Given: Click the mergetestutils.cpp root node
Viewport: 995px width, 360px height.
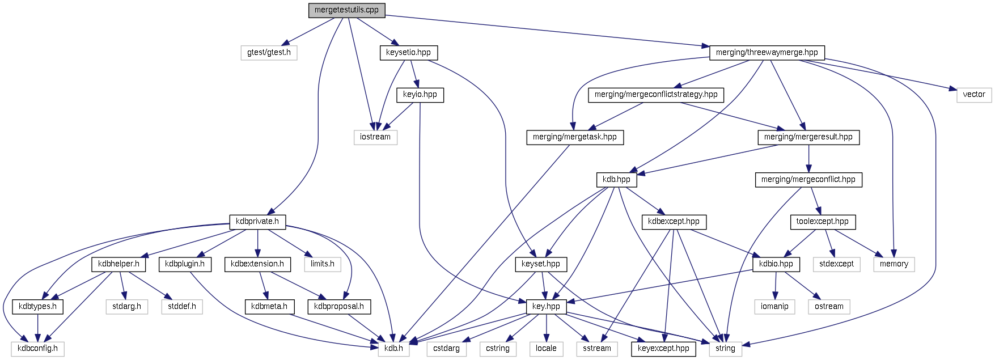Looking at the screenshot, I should click(346, 10).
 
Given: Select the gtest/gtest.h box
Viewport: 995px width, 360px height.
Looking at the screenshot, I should click(269, 53).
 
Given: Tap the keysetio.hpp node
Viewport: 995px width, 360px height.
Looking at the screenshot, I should click(408, 53).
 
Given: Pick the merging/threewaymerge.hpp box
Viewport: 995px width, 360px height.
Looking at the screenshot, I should click(767, 53).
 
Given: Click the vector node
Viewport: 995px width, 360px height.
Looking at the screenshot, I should click(973, 95).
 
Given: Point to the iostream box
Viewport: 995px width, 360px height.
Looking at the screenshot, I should click(375, 137).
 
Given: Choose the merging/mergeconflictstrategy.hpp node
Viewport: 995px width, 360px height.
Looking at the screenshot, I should click(656, 95).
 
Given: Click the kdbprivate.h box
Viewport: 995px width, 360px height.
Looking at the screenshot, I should click(257, 222).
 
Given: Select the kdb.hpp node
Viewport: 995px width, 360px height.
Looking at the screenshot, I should click(616, 180).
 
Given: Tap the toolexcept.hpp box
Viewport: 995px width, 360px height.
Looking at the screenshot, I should click(822, 222).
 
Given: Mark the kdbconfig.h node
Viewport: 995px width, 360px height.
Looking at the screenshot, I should click(37, 349).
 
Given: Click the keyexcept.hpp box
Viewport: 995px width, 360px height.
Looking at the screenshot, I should click(663, 349).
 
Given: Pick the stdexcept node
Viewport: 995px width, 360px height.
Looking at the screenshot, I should click(836, 264).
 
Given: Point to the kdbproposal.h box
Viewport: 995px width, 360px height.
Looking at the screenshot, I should click(339, 307).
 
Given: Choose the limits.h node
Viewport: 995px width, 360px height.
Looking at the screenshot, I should click(323, 264).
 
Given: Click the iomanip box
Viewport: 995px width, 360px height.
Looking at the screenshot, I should click(774, 307).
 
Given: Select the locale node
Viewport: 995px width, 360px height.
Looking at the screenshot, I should click(546, 349).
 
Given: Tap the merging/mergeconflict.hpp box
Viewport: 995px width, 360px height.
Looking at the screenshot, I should click(808, 180).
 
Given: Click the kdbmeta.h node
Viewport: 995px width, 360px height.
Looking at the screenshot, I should click(269, 307).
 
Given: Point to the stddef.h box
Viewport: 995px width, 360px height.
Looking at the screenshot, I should click(182, 307).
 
